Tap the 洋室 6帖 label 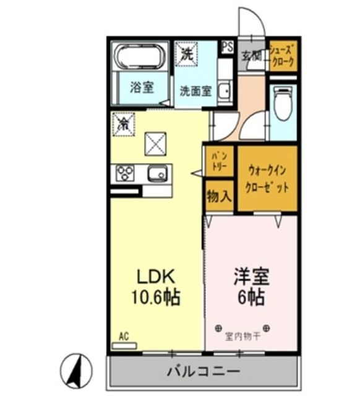(249, 285)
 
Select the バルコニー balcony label (204, 372)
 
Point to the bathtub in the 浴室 (140, 58)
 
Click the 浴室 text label (142, 87)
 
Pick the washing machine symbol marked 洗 (186, 54)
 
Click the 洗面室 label (195, 90)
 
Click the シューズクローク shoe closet (283, 55)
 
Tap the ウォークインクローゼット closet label (267, 178)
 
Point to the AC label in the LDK (124, 337)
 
